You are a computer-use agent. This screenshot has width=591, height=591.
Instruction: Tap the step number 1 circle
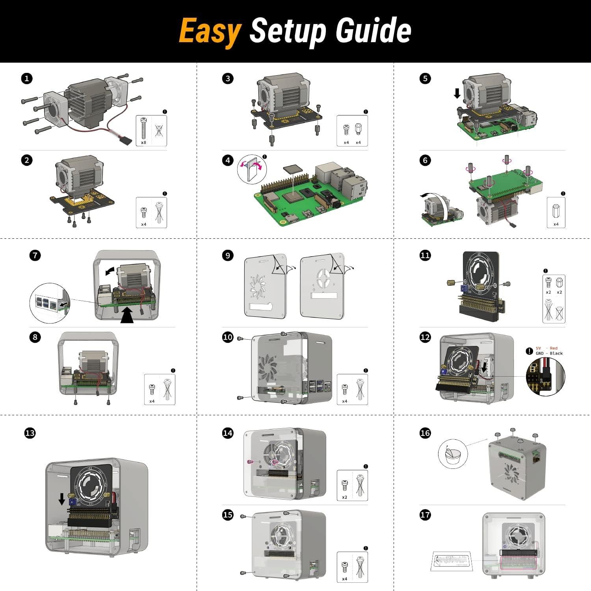click(x=26, y=78)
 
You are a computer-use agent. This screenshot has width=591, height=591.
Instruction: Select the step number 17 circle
click(x=425, y=515)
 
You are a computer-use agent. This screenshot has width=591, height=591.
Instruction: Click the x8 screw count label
click(x=143, y=142)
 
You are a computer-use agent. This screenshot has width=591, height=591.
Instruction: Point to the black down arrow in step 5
click(x=457, y=93)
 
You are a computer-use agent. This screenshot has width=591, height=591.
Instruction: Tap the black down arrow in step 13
click(x=62, y=499)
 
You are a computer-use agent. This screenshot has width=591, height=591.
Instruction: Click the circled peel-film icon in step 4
click(x=252, y=168)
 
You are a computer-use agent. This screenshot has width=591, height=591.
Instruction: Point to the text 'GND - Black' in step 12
click(x=549, y=353)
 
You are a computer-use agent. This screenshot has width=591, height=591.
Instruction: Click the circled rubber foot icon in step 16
click(x=452, y=454)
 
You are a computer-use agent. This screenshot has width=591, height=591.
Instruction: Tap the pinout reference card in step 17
click(x=452, y=561)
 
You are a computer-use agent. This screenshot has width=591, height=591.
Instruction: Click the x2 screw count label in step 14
click(x=345, y=497)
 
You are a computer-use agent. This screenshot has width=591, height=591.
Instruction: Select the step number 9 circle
click(x=228, y=255)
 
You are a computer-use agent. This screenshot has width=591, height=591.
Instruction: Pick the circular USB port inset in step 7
click(x=49, y=303)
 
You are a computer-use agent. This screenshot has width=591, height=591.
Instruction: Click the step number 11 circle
click(x=425, y=255)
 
